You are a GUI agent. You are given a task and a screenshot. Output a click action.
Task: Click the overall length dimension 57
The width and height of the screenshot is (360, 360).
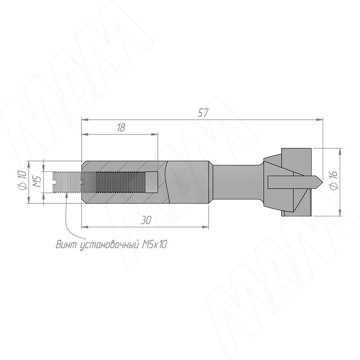[203, 113]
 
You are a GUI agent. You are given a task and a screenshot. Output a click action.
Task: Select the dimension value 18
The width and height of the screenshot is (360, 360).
[121, 128]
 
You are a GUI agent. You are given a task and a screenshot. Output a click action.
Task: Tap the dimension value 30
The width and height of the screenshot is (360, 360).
[146, 220]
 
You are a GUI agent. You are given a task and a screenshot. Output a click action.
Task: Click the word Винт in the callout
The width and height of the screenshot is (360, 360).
[66, 245]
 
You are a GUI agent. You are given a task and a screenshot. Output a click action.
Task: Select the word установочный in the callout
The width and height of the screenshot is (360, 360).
[109, 245]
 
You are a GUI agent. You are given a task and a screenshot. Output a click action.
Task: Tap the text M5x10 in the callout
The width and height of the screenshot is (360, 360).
[154, 245]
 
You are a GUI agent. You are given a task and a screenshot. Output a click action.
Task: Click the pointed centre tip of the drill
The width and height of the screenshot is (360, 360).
[323, 182]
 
